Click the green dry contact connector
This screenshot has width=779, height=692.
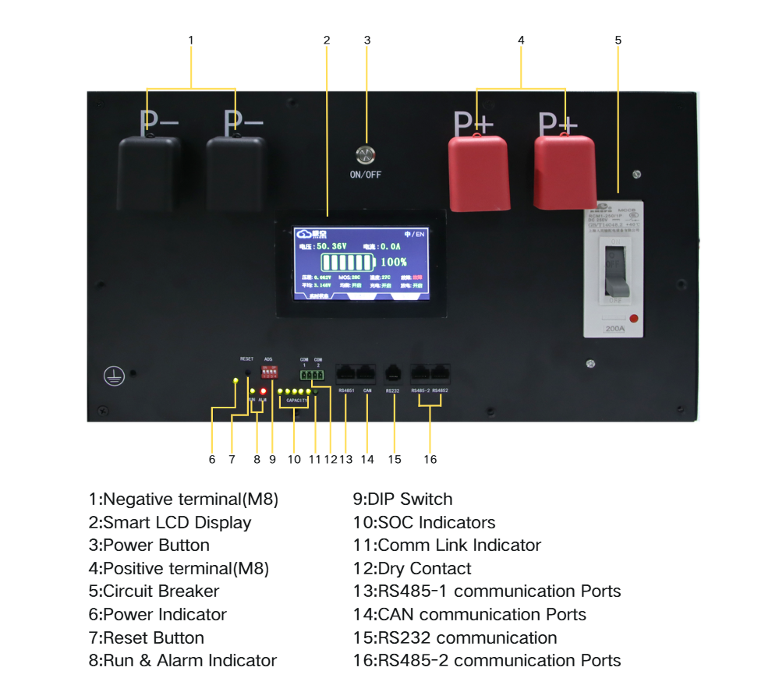coord(312,375)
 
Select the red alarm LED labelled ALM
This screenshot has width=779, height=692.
coord(264,390)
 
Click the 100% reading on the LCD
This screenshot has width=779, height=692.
coord(394,262)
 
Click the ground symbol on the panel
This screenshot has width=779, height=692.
coord(114,376)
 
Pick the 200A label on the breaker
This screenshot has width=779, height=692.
coord(614,329)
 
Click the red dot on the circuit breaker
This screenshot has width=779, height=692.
coord(634,318)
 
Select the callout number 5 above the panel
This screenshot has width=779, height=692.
coord(618,39)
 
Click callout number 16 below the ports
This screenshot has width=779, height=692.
coord(430,459)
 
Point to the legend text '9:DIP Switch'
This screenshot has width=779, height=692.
coord(402,499)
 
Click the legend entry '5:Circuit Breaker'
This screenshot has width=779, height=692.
coord(154,591)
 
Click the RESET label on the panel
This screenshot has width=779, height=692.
coord(246,359)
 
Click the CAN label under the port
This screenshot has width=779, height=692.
coord(367,390)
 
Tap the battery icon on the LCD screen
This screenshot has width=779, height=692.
coord(348,262)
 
